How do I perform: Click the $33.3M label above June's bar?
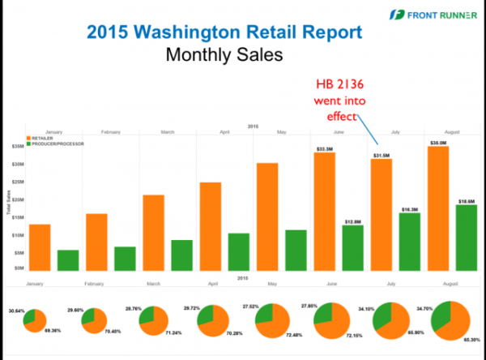coord(325,148)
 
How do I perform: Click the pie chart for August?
coord(450,320)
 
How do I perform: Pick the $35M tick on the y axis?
coord(16,147)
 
